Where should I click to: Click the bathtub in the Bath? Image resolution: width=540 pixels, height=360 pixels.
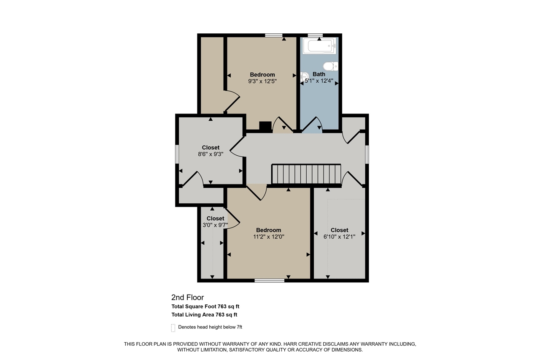coord(321,46)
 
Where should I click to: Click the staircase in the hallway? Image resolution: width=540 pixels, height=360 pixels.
coord(306,174)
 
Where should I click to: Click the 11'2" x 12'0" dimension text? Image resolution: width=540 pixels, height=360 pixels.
coord(268,237)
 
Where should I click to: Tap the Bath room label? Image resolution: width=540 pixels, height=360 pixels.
coord(319,74)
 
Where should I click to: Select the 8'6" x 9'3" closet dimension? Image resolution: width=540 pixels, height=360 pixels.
coord(211,154)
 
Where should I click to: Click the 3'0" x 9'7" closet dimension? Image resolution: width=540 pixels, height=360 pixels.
coord(215,225)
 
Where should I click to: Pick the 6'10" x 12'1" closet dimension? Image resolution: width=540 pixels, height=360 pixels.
coord(339,237)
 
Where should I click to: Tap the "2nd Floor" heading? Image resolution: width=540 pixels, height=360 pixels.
coord(187,298)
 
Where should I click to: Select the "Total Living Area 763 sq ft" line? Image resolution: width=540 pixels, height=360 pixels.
coord(204,315)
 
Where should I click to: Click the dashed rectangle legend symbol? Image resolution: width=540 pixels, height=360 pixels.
coord(173,328)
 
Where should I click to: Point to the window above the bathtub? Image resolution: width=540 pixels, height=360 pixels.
coord(315,35)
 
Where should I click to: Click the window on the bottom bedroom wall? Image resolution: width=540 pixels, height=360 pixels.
coord(270,280)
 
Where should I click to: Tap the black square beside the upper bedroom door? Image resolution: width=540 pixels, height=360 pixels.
coord(265,126)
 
